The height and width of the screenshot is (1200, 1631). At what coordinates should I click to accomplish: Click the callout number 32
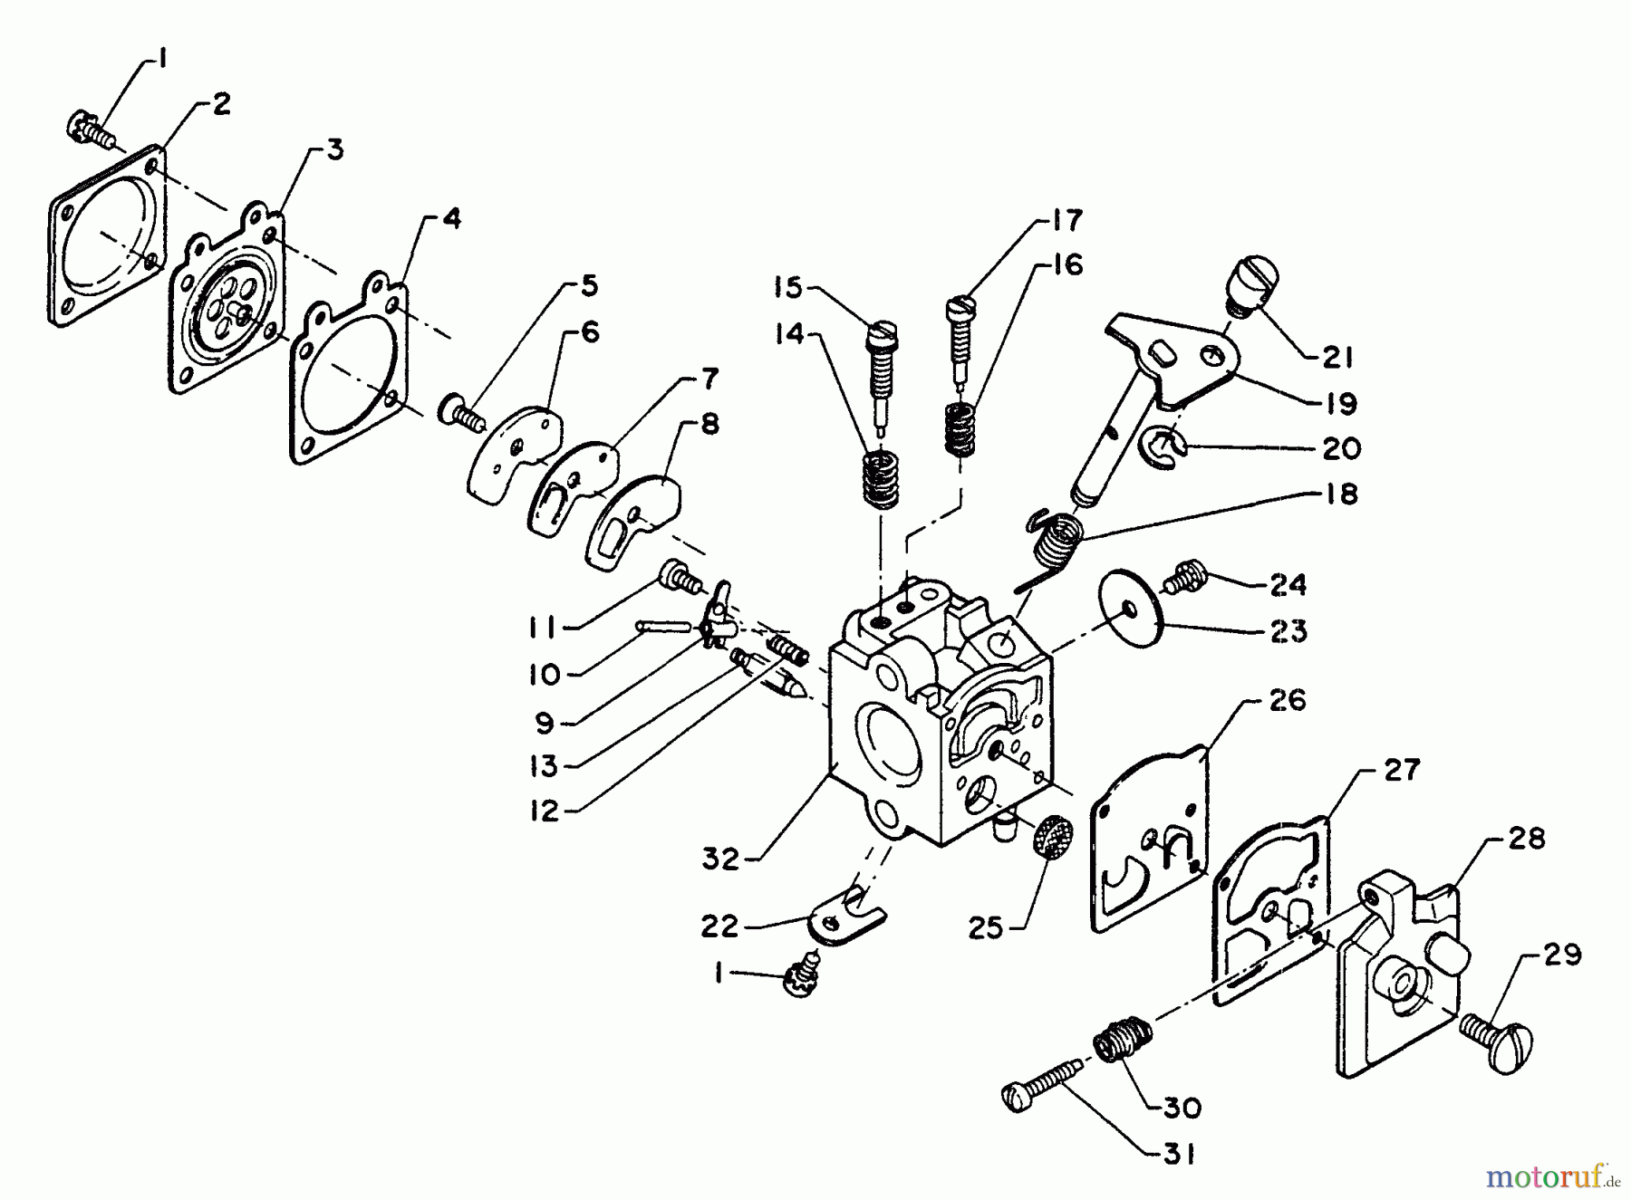(721, 858)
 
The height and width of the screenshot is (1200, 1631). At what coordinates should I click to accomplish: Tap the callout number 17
(1066, 220)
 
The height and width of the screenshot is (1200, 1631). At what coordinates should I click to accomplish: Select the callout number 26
(1287, 700)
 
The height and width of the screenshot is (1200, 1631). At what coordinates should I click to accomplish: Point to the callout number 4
(450, 218)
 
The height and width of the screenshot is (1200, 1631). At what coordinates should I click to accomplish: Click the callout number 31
(1179, 1154)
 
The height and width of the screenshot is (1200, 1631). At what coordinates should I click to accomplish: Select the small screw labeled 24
(1180, 578)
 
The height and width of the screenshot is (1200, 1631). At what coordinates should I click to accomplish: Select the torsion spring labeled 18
(1056, 543)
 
